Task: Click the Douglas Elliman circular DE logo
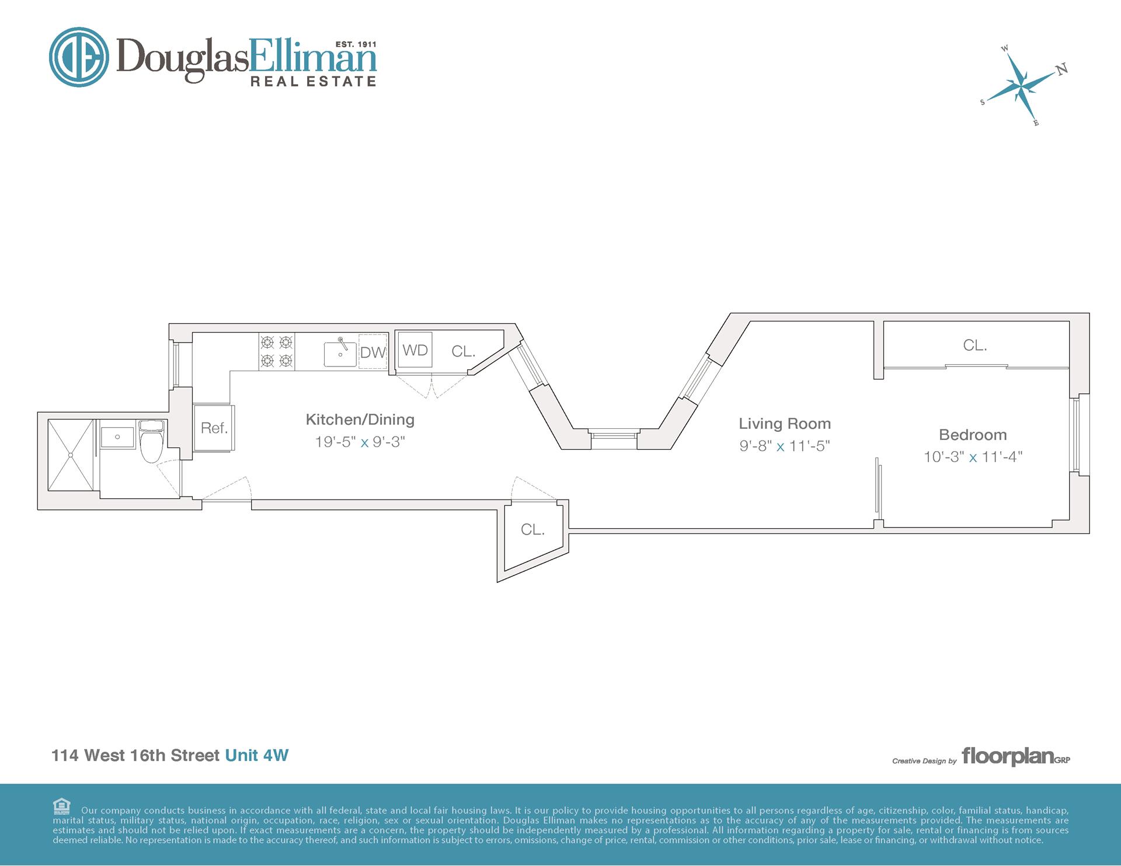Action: click(x=79, y=57)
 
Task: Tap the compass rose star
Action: click(x=1021, y=86)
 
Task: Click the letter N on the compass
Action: click(x=1062, y=69)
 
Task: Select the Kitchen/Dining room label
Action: click(x=360, y=420)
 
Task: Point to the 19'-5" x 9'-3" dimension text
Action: click(x=360, y=442)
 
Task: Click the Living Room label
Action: click(x=785, y=424)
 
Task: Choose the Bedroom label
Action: click(x=973, y=435)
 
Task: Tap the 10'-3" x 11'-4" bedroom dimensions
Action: click(x=973, y=456)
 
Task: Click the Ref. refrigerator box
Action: click(x=214, y=427)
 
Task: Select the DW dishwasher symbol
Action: click(x=373, y=351)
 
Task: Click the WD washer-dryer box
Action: click(x=415, y=350)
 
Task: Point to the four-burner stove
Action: click(x=277, y=351)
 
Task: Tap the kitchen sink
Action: click(x=340, y=353)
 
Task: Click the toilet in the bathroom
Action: click(x=152, y=440)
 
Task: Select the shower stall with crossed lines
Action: click(x=71, y=455)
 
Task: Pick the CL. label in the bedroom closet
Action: click(x=975, y=345)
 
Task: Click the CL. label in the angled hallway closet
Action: click(x=532, y=529)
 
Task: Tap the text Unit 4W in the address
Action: click(x=257, y=755)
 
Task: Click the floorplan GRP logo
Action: click(x=1016, y=756)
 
